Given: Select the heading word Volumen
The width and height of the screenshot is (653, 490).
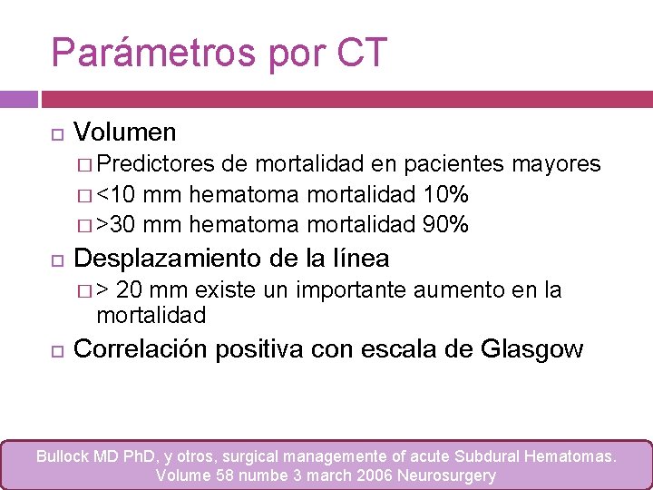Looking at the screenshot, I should tap(125, 132).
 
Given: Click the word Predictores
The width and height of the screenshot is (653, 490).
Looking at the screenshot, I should tap(156, 163).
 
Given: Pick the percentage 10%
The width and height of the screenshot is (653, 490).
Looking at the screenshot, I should tap(445, 194).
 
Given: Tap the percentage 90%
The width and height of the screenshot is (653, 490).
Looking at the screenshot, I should tap(445, 224).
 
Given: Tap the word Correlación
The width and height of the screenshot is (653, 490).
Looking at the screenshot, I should tap(141, 349).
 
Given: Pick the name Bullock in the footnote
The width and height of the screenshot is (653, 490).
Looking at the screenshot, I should tap(64, 456).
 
